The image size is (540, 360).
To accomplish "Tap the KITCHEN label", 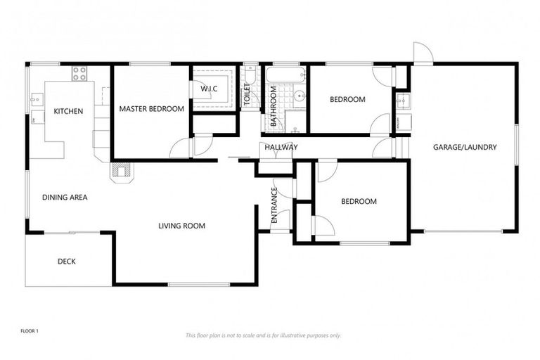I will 68,111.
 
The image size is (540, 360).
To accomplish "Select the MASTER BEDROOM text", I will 151,109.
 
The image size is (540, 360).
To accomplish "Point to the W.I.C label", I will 210,89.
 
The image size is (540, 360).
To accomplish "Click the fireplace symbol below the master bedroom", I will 120,171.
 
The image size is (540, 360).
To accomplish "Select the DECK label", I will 67,262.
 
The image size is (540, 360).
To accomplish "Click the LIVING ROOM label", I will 181,226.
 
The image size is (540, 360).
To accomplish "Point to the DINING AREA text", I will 65,198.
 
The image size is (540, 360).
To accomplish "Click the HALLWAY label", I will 281,147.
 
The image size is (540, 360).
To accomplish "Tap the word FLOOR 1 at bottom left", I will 29,330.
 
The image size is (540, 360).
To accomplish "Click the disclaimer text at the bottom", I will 263,335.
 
